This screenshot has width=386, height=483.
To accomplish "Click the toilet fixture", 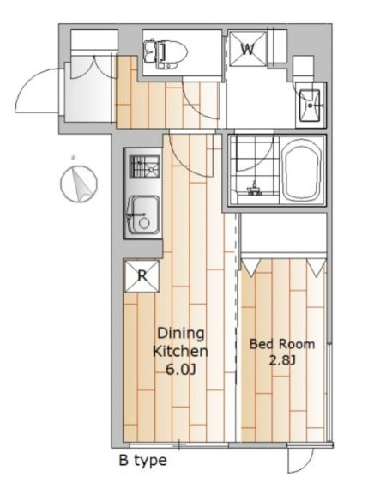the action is pyautogui.click(x=166, y=53).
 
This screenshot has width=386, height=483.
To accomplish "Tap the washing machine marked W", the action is pyautogui.click(x=248, y=48).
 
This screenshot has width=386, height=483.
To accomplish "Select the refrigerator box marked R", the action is pyautogui.click(x=142, y=276).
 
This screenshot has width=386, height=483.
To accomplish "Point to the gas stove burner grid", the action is pyautogui.click(x=145, y=166).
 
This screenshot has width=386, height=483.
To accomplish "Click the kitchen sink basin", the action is pyautogui.click(x=143, y=214).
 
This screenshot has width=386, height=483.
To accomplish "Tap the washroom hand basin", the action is pyautogui.click(x=310, y=105).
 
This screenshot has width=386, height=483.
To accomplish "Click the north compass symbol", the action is pyautogui.click(x=79, y=184).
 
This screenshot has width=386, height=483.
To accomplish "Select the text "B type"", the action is pyautogui.click(x=143, y=461).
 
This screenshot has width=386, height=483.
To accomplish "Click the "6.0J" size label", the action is pyautogui.click(x=181, y=370).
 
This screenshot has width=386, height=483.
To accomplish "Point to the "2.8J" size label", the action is pyautogui.click(x=282, y=359).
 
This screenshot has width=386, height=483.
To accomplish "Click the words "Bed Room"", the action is pyautogui.click(x=282, y=344).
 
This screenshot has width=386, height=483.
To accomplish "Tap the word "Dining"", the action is pyautogui.click(x=181, y=334).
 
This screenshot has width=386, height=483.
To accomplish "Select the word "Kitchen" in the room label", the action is pyautogui.click(x=180, y=352).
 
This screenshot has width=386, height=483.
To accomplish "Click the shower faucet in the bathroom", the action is pyautogui.click(x=254, y=189).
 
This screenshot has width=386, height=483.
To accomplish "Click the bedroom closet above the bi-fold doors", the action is pyautogui.click(x=283, y=232).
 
